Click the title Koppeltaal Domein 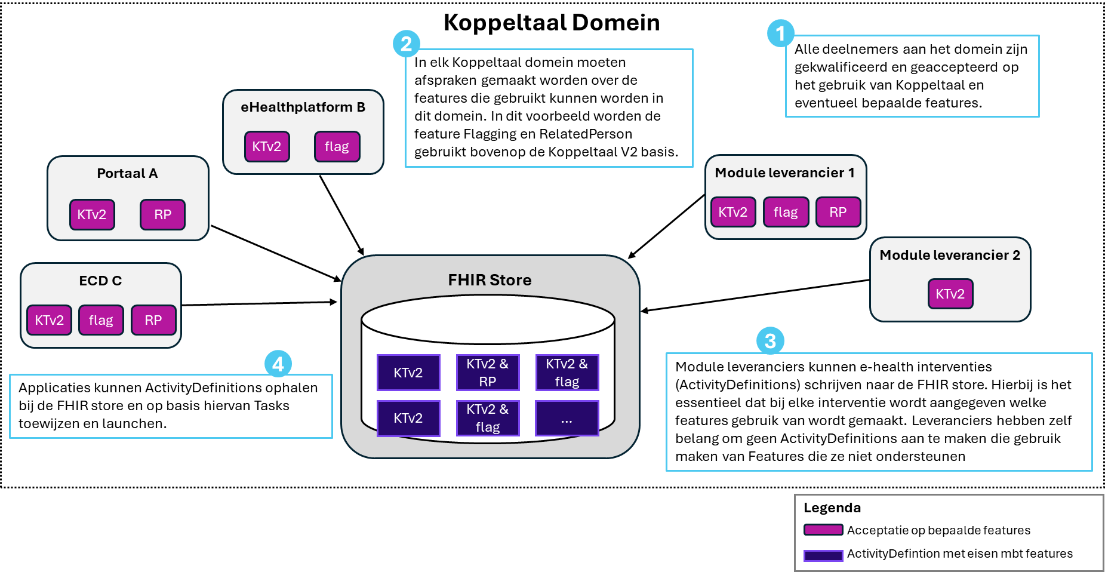coord(552,23)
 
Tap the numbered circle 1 coord(780,33)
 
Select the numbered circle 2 coord(407,44)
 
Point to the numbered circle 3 coord(770,341)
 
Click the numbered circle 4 coord(278,364)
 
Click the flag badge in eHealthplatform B coord(337,147)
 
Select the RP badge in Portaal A coord(162,215)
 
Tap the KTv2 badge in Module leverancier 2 coord(950,294)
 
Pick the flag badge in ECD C coord(101,321)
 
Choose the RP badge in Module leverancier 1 coord(838,213)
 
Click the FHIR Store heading coord(490,280)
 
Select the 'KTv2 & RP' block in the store coord(487,373)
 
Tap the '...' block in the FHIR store coord(567,419)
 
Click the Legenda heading coord(832,508)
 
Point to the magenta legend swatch coord(823,530)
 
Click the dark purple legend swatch coord(823,555)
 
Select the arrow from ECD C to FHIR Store coord(260,304)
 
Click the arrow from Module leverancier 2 coord(755,296)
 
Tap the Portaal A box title coord(127,174)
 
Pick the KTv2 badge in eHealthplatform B coord(267,147)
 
